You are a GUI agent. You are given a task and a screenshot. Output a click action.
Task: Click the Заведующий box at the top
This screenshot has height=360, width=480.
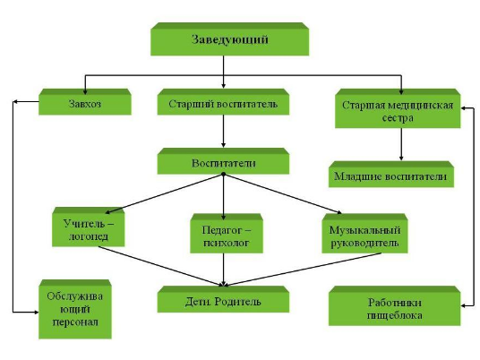coord(229,39)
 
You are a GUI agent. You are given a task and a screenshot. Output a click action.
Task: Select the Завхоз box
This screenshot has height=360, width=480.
coord(85,102)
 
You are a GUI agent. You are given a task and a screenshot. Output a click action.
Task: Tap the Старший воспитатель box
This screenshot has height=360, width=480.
coord(223,102)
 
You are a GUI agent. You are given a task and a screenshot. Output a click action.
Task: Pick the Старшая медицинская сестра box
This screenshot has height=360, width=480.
coord(398,108)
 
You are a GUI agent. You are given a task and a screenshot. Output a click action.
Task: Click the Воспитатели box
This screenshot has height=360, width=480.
coord(223,161)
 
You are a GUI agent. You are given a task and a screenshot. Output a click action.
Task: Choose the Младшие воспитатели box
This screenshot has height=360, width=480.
coord(391,175)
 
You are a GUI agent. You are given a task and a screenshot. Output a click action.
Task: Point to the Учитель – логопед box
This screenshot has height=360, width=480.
coord(88,227)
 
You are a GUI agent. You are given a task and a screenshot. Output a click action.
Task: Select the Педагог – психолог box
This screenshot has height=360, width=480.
coord(227,234)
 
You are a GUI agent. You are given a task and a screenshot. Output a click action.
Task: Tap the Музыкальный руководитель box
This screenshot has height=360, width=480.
coord(364,234)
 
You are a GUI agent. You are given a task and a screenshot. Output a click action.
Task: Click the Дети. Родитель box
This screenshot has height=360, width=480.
coord(223,299)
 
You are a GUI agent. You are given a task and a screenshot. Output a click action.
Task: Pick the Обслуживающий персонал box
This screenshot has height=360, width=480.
coord(75,309)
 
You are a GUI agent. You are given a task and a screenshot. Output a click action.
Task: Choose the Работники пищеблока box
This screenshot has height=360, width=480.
coord(395,305)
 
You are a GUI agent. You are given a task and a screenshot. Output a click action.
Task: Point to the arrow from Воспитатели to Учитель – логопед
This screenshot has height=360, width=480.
coord(164,193)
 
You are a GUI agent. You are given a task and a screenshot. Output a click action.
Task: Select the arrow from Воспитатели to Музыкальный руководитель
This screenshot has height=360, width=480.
coord(283,193)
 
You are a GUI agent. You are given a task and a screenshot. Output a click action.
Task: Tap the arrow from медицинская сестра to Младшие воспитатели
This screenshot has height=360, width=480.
coord(401,144)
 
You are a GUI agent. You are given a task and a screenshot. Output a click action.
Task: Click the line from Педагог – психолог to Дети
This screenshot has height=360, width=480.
coord(224,270)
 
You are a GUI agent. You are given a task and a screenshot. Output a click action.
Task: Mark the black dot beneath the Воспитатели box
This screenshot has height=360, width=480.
coord(224,175)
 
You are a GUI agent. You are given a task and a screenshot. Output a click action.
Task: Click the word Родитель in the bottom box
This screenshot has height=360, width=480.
coord(237,301)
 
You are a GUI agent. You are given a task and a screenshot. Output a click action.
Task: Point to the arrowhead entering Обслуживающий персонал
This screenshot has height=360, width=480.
coord(36,313)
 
